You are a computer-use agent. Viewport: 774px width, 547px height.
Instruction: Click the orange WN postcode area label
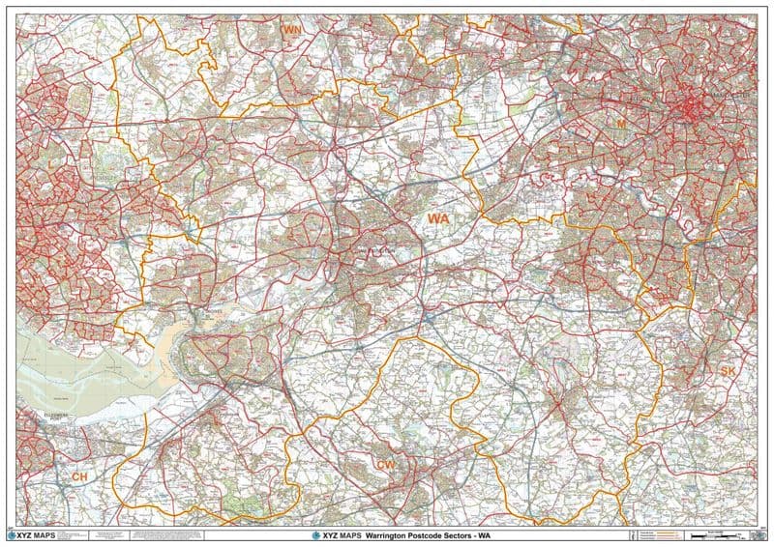[290, 31]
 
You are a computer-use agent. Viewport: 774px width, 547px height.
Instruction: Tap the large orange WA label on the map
[438, 219]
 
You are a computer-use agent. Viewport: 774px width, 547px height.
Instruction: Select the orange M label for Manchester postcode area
[622, 124]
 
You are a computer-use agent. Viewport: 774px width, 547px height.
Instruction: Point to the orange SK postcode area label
[729, 371]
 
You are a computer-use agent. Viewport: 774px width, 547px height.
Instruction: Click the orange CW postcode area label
[385, 466]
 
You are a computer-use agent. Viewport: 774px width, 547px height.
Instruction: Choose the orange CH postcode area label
[79, 477]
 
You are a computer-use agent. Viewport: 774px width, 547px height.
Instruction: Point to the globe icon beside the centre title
[314, 536]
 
